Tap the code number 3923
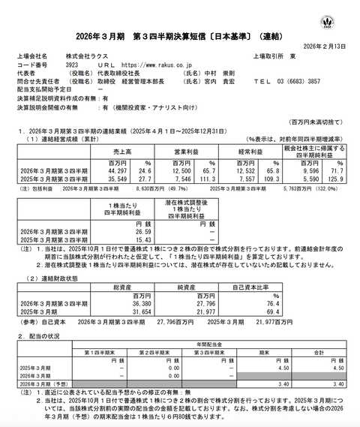[x=73, y=65]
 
